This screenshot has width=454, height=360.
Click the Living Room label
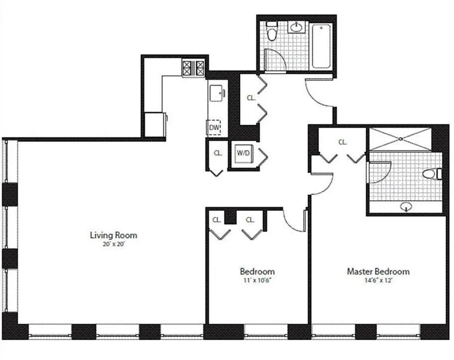click(113, 235)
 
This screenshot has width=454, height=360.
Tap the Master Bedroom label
click(378, 271)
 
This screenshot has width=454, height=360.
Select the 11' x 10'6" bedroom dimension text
click(257, 280)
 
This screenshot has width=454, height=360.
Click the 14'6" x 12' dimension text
click(378, 280)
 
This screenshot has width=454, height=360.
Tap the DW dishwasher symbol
click(214, 128)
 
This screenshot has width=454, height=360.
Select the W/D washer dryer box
click(244, 153)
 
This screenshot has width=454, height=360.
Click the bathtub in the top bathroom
click(321, 46)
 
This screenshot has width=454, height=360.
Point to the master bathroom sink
click(407, 207)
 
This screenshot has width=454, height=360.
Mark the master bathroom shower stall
click(400, 139)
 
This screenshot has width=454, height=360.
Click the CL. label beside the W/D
click(218, 153)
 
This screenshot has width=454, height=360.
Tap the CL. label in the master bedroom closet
click(343, 142)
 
